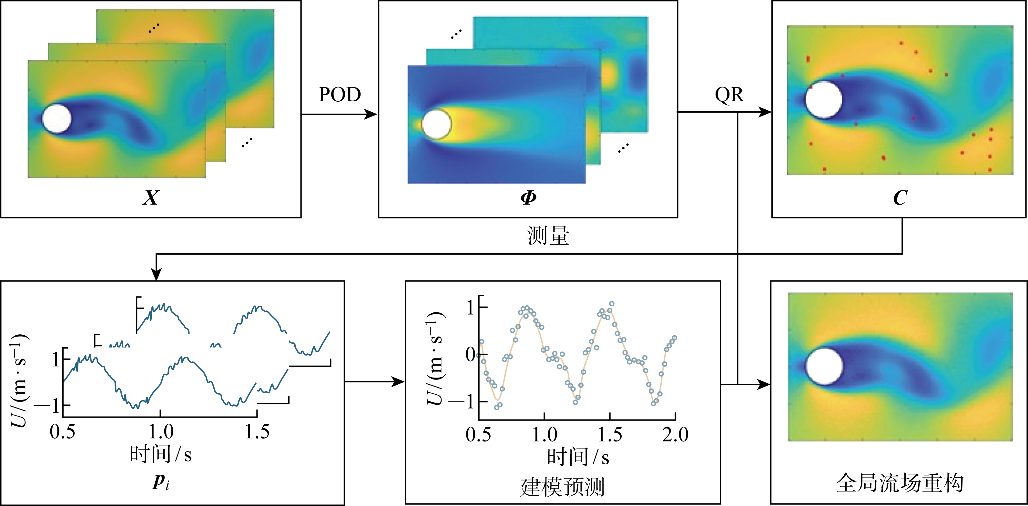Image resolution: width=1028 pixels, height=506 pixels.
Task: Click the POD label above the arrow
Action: pyautogui.click(x=340, y=95)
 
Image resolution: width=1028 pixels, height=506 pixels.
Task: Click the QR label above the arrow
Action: pyautogui.click(x=729, y=95)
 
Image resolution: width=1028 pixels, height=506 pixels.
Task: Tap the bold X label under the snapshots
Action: pyautogui.click(x=151, y=197)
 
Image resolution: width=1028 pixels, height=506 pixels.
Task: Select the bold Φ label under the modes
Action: pyautogui.click(x=528, y=197)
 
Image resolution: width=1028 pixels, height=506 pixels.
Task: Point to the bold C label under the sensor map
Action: pyautogui.click(x=900, y=197)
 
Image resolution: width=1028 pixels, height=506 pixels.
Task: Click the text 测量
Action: pyautogui.click(x=548, y=236)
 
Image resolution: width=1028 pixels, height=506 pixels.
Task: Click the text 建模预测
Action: pyautogui.click(x=562, y=487)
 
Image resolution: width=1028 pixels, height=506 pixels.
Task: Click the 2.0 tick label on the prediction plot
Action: pyautogui.click(x=675, y=434)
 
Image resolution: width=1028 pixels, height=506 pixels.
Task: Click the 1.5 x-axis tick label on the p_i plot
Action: pyautogui.click(x=257, y=432)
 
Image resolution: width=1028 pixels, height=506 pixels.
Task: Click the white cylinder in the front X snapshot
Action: pyautogui.click(x=57, y=118)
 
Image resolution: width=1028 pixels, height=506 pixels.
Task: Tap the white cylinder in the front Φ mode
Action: pyautogui.click(x=436, y=124)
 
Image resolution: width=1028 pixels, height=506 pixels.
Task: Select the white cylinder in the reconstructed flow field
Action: pyautogui.click(x=824, y=366)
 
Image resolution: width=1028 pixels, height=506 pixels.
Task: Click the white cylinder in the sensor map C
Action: pyautogui.click(x=824, y=100)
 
